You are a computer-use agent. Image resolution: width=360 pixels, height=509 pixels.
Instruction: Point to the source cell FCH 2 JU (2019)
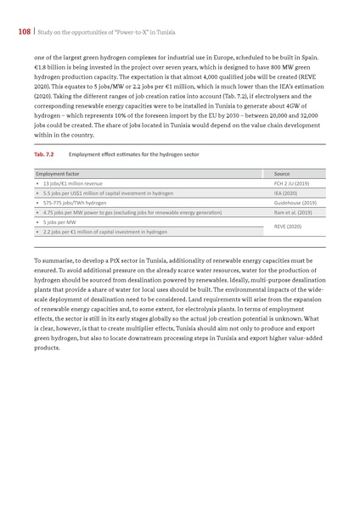tap(291, 182)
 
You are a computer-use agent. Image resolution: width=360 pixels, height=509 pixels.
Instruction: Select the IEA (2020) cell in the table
tap(284, 193)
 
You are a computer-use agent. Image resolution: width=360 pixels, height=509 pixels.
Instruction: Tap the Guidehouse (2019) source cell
tap(295, 203)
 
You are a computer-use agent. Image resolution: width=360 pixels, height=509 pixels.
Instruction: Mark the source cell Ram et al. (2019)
tap(293, 213)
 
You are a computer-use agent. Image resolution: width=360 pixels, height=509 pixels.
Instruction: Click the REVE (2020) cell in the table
tap(288, 227)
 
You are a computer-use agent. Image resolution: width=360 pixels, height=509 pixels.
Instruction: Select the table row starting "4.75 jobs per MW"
tap(118, 213)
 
